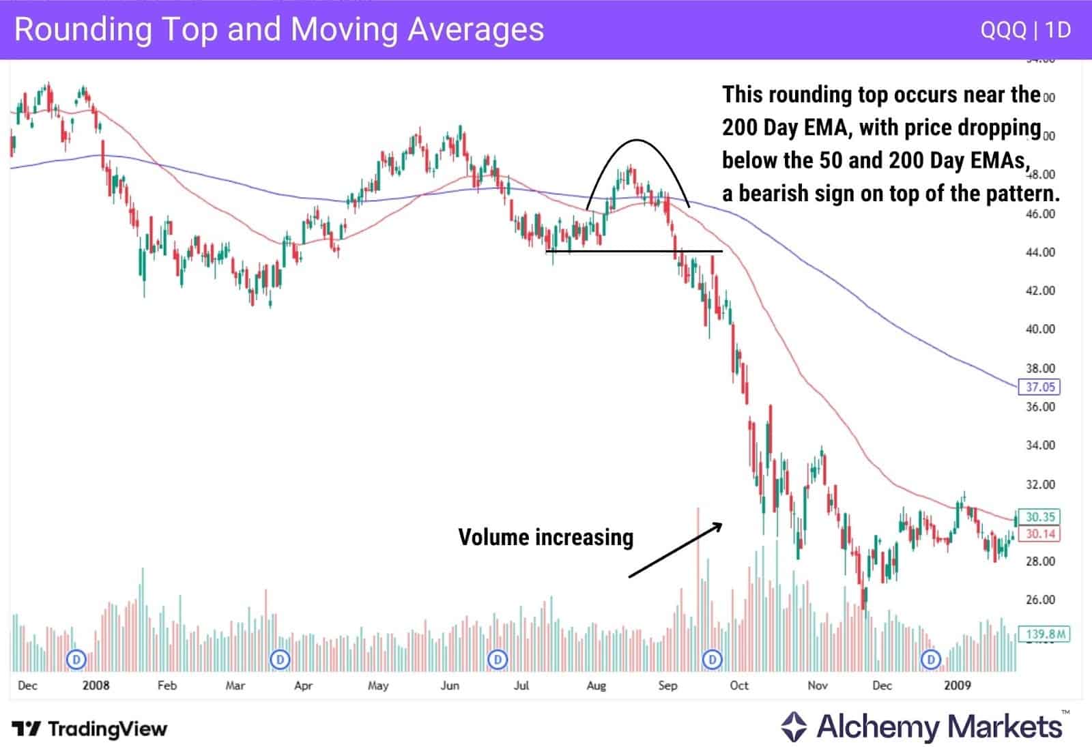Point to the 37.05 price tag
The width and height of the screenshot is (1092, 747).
click(1040, 387)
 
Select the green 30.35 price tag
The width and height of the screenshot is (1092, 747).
click(1040, 516)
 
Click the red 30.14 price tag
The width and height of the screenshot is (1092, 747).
click(1040, 533)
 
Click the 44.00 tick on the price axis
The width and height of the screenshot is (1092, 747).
click(1040, 252)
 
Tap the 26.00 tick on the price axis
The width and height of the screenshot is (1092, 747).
click(1040, 600)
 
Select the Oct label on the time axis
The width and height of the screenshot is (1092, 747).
click(738, 686)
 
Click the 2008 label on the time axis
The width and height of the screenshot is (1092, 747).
click(96, 686)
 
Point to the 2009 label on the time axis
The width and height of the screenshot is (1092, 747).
click(957, 686)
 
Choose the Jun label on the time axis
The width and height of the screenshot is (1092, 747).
click(450, 686)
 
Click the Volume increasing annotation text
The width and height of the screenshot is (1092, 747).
click(545, 538)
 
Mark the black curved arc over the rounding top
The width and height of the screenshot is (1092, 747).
click(637, 141)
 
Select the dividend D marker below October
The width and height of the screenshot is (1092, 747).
click(713, 660)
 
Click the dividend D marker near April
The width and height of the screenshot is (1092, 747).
click(280, 660)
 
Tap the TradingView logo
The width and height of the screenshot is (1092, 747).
click(89, 729)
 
